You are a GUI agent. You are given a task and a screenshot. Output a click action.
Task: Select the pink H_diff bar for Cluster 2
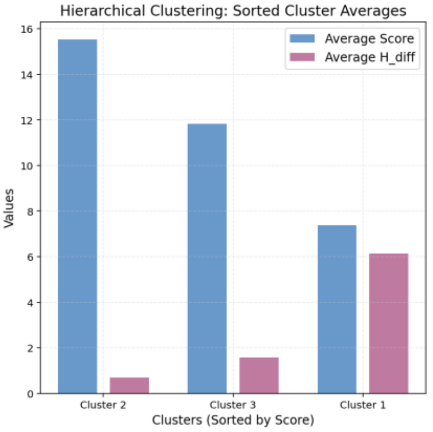click(x=129, y=385)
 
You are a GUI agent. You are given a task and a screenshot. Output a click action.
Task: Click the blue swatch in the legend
click(x=300, y=39)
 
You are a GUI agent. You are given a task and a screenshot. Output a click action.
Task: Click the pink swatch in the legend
click(x=300, y=57)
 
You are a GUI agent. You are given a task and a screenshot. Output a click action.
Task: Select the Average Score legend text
click(x=369, y=39)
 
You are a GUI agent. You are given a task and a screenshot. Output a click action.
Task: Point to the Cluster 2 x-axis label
click(x=103, y=405)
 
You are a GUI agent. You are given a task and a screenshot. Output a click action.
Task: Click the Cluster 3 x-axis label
click(x=233, y=405)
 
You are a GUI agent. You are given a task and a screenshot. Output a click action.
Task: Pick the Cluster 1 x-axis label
click(x=363, y=405)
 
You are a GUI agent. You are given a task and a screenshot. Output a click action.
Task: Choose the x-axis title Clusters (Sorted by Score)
click(x=233, y=420)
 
